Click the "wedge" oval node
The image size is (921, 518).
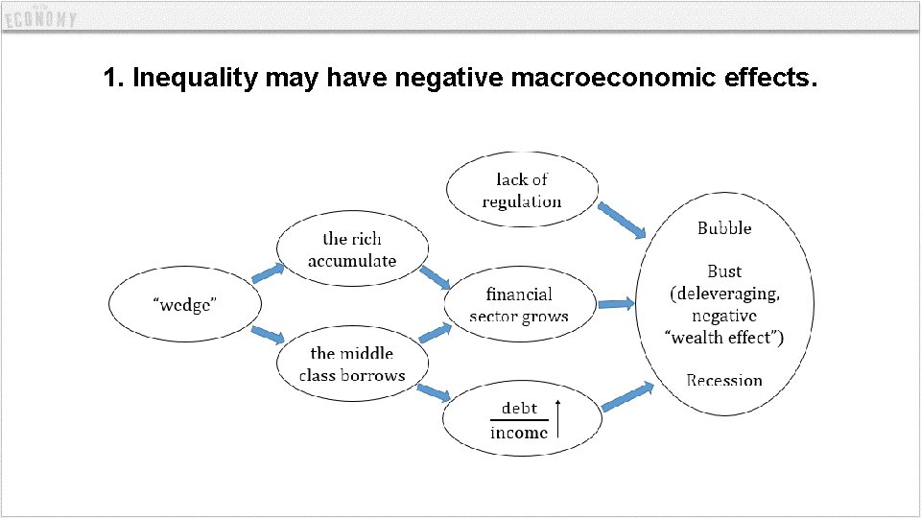pos(185,305)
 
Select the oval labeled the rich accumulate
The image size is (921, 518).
pos(351,249)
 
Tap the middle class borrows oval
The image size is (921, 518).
pos(351,365)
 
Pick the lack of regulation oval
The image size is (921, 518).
pos(522,190)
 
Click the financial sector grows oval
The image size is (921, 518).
pos(519,305)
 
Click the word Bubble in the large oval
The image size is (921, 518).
pos(724,228)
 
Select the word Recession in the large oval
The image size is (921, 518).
pos(724,381)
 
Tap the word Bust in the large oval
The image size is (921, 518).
pos(724,271)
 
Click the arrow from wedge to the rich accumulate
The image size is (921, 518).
pos(268,273)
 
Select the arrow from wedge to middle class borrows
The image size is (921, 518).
pos(268,335)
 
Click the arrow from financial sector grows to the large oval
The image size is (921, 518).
pos(616,304)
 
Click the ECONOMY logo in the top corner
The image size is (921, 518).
pos(39,18)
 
